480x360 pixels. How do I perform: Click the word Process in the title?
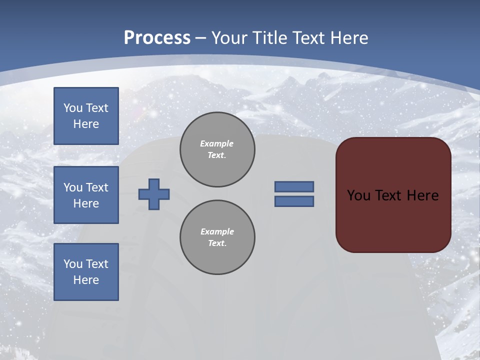click(x=157, y=38)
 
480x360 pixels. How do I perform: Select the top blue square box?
click(x=86, y=116)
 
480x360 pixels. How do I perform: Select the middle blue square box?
click(x=86, y=195)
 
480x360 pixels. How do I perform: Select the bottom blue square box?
click(x=86, y=272)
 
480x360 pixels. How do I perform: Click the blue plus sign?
click(x=154, y=194)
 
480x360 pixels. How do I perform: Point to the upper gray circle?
click(x=217, y=149)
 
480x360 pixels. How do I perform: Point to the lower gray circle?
click(x=217, y=237)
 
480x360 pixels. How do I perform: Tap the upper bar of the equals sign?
click(x=294, y=186)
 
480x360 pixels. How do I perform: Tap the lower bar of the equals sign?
click(x=294, y=201)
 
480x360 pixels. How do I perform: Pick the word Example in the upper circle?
click(x=217, y=143)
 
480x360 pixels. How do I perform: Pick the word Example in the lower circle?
click(x=217, y=231)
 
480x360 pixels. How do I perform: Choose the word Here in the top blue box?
click(x=86, y=124)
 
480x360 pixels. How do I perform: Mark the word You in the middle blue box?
click(x=73, y=187)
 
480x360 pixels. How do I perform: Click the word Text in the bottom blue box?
click(x=97, y=264)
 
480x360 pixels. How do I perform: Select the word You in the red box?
click(x=358, y=195)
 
